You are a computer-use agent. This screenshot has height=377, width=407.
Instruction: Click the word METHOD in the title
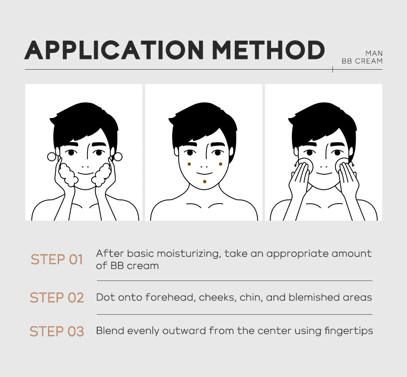pyautogui.click(x=268, y=50)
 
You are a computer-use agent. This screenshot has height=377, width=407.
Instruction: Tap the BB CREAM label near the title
pyautogui.click(x=362, y=61)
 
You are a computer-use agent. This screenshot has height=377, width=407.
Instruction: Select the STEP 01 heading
pyautogui.click(x=57, y=259)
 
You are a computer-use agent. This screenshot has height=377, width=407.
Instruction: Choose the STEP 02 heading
pyautogui.click(x=57, y=298)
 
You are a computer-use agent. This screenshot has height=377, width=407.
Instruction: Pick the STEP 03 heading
pyautogui.click(x=57, y=331)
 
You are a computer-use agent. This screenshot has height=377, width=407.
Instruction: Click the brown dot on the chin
pyautogui.click(x=205, y=182)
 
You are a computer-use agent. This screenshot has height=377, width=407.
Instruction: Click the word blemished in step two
pyautogui.click(x=314, y=297)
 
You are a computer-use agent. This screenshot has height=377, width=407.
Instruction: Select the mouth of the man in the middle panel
pyautogui.click(x=204, y=173)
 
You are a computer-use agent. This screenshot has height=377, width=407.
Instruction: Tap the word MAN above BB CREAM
pyautogui.click(x=374, y=53)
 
